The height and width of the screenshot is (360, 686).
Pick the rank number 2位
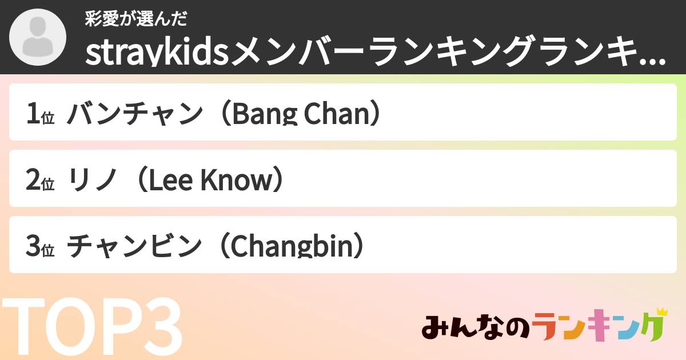coord(39,181)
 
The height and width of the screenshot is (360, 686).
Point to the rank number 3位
coord(39,247)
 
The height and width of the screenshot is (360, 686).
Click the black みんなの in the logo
coord(476,328)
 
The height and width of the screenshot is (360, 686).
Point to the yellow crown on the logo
coord(661,312)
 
